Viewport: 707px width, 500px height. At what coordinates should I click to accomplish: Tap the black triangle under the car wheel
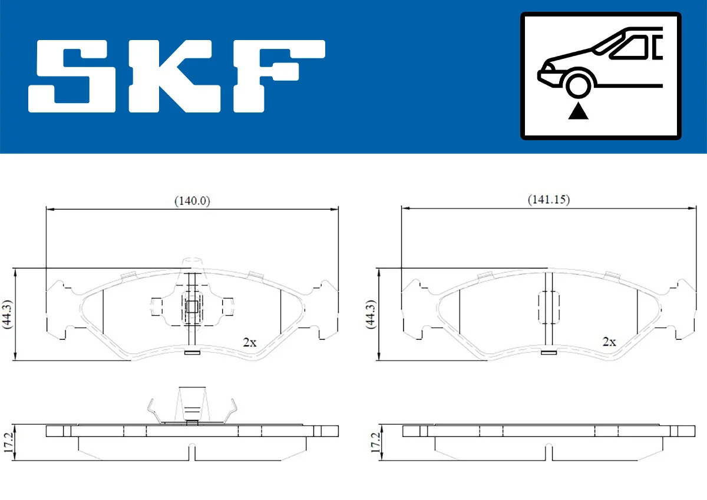pyautogui.click(x=579, y=111)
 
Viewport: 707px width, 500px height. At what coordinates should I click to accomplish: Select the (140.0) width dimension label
pyautogui.click(x=192, y=200)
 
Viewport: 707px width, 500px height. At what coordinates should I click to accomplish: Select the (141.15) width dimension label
pyautogui.click(x=548, y=200)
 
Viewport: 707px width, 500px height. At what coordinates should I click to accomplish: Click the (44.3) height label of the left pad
pyautogui.click(x=7, y=314)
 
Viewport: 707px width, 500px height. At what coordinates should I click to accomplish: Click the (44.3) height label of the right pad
pyautogui.click(x=370, y=314)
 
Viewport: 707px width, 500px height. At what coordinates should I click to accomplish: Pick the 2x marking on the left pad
pyautogui.click(x=250, y=342)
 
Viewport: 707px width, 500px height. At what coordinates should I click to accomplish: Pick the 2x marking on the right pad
pyautogui.click(x=609, y=342)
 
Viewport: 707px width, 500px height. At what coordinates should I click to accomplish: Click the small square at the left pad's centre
pyautogui.click(x=192, y=306)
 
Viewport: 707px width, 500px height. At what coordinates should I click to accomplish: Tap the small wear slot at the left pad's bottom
pyautogui.click(x=192, y=353)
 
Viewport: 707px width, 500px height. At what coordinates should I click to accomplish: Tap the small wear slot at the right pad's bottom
pyautogui.click(x=549, y=353)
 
